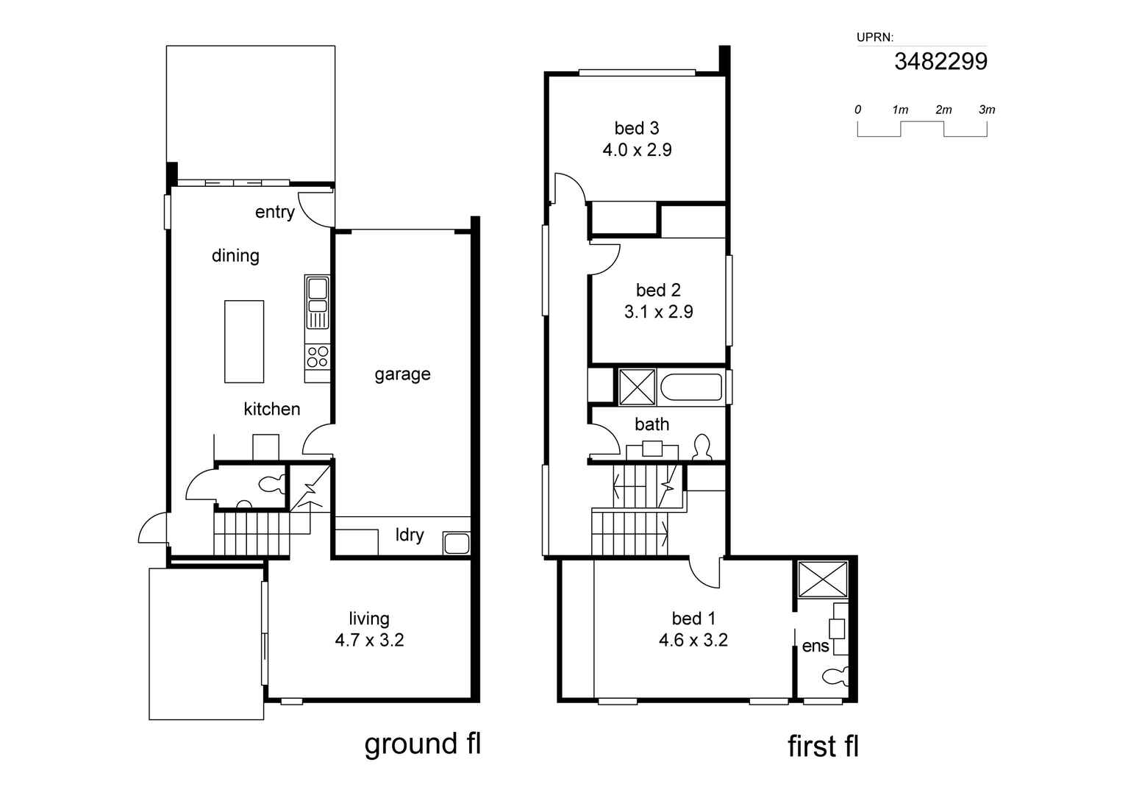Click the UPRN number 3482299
pyautogui.click(x=940, y=62)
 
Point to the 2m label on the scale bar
pyautogui.click(x=943, y=110)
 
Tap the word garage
pyautogui.click(x=402, y=374)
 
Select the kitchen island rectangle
pyautogui.click(x=244, y=341)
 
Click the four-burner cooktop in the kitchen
pyautogui.click(x=317, y=357)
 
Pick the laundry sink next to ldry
pyautogui.click(x=456, y=544)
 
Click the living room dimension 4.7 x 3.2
pyautogui.click(x=370, y=641)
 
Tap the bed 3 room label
pyautogui.click(x=637, y=128)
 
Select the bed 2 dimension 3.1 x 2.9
pyautogui.click(x=659, y=312)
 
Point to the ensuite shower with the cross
pyautogui.click(x=823, y=580)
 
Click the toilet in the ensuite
pyautogui.click(x=835, y=677)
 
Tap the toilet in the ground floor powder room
pyautogui.click(x=271, y=485)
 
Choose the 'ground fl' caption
pyautogui.click(x=423, y=744)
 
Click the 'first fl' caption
pyautogui.click(x=823, y=746)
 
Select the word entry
pyautogui.click(x=274, y=212)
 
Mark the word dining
pyautogui.click(x=235, y=255)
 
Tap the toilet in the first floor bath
pyautogui.click(x=702, y=447)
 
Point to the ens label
pyautogui.click(x=815, y=646)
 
